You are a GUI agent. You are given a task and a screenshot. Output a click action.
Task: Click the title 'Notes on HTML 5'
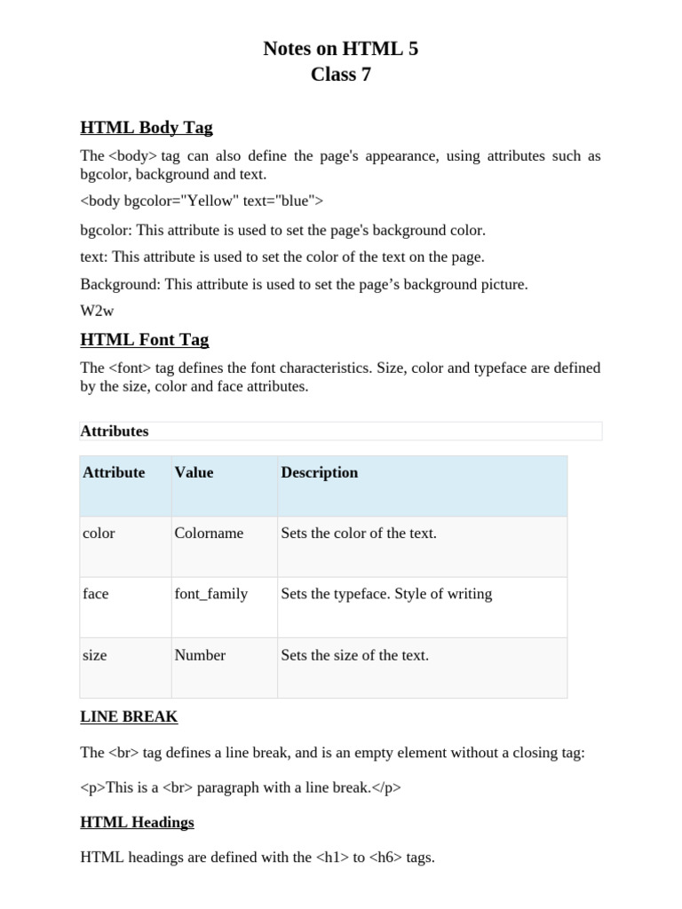[x=340, y=49]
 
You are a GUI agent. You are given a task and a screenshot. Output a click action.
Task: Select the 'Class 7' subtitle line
[x=340, y=75]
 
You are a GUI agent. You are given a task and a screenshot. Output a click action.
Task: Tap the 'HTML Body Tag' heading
[x=147, y=128]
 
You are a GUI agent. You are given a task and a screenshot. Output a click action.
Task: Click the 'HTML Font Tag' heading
[x=145, y=340]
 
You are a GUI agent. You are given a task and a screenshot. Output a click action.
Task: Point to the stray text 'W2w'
[x=97, y=311]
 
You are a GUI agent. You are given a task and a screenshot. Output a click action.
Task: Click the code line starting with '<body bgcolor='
[x=202, y=202]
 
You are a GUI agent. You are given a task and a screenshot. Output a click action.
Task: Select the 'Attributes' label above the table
[x=115, y=431]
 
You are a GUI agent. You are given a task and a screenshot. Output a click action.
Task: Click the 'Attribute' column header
[x=114, y=473]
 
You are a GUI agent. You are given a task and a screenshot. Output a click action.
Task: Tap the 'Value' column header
[x=194, y=473]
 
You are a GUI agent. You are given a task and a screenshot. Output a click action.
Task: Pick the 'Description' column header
[x=320, y=473]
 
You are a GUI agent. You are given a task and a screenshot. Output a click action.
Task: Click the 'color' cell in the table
[x=99, y=534]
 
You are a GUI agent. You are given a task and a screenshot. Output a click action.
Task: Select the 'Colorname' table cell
[x=210, y=534]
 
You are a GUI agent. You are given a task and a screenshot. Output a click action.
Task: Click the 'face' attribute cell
[x=96, y=594]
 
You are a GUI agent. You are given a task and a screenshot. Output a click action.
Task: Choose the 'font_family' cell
[x=211, y=594]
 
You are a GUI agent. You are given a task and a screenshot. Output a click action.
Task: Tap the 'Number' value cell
[x=200, y=655]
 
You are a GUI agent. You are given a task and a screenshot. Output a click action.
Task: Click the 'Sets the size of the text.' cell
[x=355, y=655]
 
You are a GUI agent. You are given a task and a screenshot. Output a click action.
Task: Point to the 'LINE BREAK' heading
[x=129, y=716]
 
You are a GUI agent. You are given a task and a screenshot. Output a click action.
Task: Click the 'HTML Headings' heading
[x=137, y=822]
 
